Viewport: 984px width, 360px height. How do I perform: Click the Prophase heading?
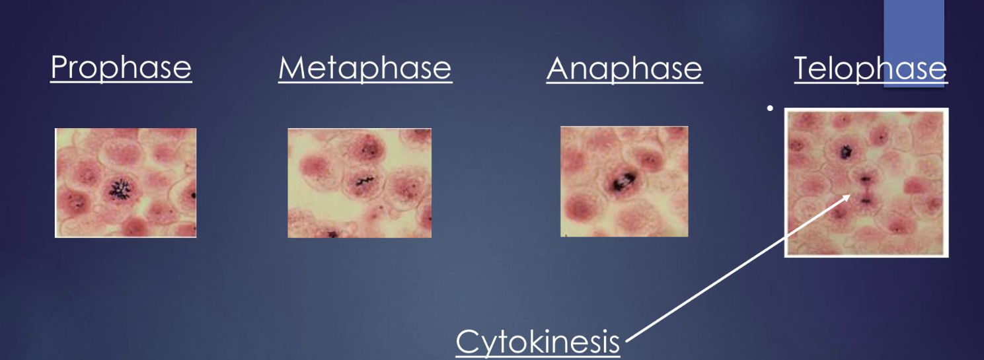[x=121, y=68]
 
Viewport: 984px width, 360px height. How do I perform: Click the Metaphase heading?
[x=365, y=68]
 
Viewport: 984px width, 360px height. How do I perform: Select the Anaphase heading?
[x=624, y=68]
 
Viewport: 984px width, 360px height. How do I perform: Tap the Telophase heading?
[x=870, y=68]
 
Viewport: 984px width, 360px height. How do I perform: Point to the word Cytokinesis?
[x=539, y=342]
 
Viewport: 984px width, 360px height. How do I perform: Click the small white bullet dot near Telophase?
[x=769, y=107]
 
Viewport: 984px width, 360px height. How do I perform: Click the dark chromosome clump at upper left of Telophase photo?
[x=844, y=153]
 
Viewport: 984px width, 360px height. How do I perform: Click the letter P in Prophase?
[x=59, y=68]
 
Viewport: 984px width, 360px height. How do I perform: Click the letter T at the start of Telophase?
[x=804, y=68]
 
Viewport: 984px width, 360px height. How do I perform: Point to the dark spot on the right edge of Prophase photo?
[x=193, y=196]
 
